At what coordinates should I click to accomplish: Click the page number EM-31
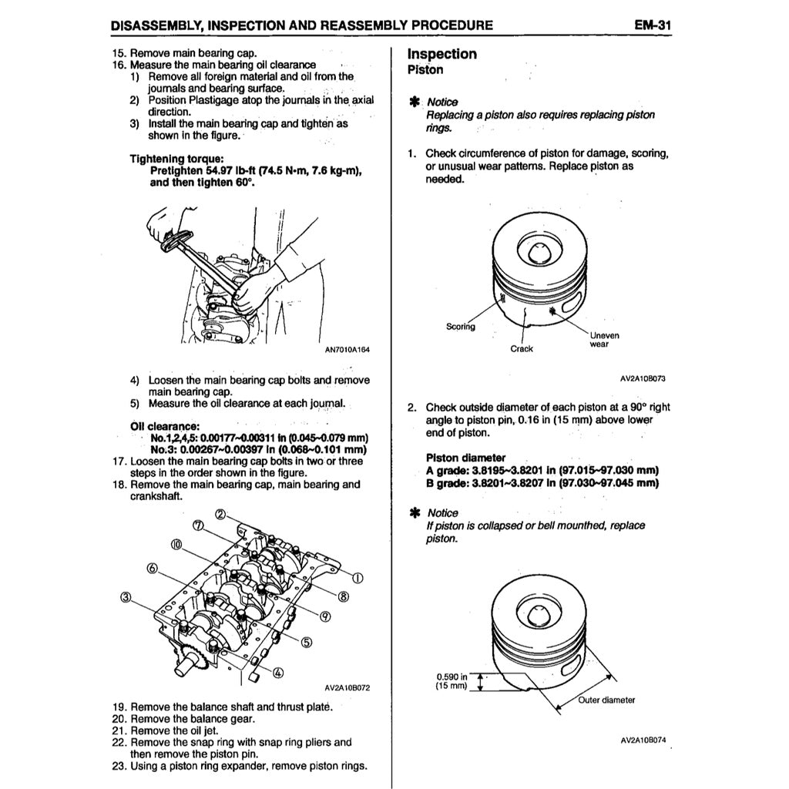(x=653, y=25)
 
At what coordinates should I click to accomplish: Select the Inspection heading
(x=442, y=54)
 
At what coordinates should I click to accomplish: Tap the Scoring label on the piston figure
(x=461, y=327)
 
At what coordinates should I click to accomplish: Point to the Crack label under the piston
(x=522, y=349)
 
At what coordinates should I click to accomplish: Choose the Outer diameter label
(x=607, y=700)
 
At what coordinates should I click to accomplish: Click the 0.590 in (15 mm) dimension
(x=452, y=680)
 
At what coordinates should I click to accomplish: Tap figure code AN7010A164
(x=347, y=350)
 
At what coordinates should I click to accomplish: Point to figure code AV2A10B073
(x=643, y=378)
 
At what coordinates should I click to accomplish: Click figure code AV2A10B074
(x=643, y=740)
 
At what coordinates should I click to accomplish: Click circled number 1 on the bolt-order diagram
(x=358, y=579)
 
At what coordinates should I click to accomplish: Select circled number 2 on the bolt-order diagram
(x=220, y=515)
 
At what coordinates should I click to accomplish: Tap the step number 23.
(x=119, y=766)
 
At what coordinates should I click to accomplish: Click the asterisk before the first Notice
(x=414, y=102)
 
